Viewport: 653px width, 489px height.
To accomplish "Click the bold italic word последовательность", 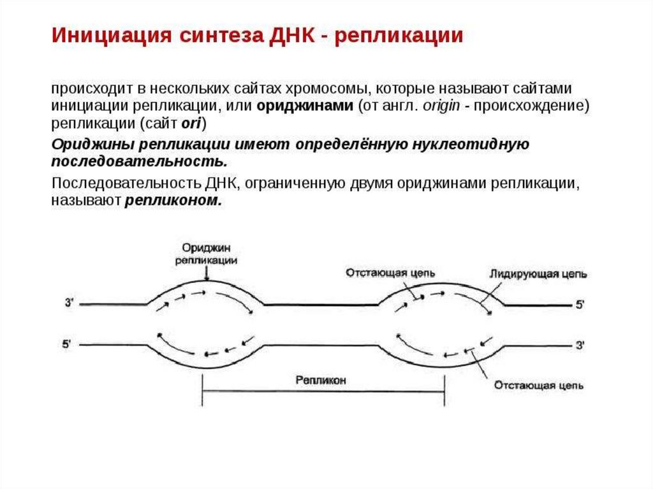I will click(x=139, y=159).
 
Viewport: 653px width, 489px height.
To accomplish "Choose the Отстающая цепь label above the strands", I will click(x=390, y=273).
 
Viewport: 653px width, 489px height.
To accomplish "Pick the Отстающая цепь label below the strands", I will click(x=538, y=386).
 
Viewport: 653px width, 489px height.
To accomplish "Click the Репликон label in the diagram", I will click(x=321, y=380).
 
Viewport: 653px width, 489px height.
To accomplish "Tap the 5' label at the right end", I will click(x=580, y=305).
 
